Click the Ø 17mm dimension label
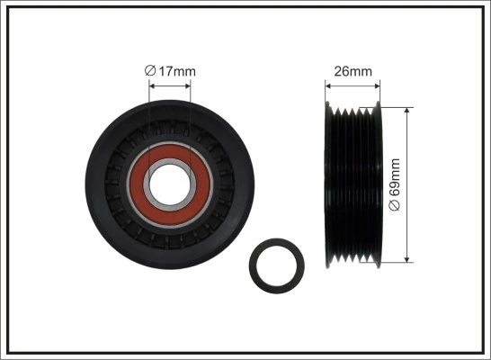coord(170,71)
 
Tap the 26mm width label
coord(352,71)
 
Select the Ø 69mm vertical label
coord(394,184)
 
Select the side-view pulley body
coord(353,184)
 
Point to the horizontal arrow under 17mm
coord(170,86)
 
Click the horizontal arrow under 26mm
coord(353,86)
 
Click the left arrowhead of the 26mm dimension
coord(327,86)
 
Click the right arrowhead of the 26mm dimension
coord(378,86)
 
